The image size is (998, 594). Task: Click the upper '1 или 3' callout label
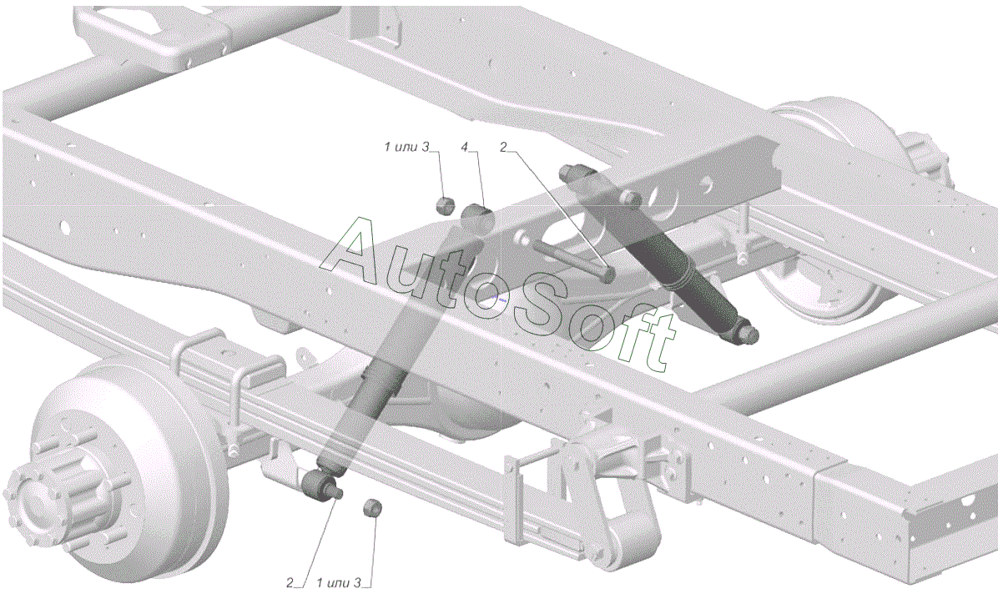[406, 148]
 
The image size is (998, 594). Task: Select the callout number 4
[465, 148]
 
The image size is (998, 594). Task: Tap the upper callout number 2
[503, 148]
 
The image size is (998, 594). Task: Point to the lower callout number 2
[290, 582]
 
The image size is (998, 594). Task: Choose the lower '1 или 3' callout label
[340, 582]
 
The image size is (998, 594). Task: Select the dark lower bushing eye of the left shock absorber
[318, 484]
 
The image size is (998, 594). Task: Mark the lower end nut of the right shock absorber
[748, 335]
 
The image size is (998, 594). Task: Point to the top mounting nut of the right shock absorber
[571, 172]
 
